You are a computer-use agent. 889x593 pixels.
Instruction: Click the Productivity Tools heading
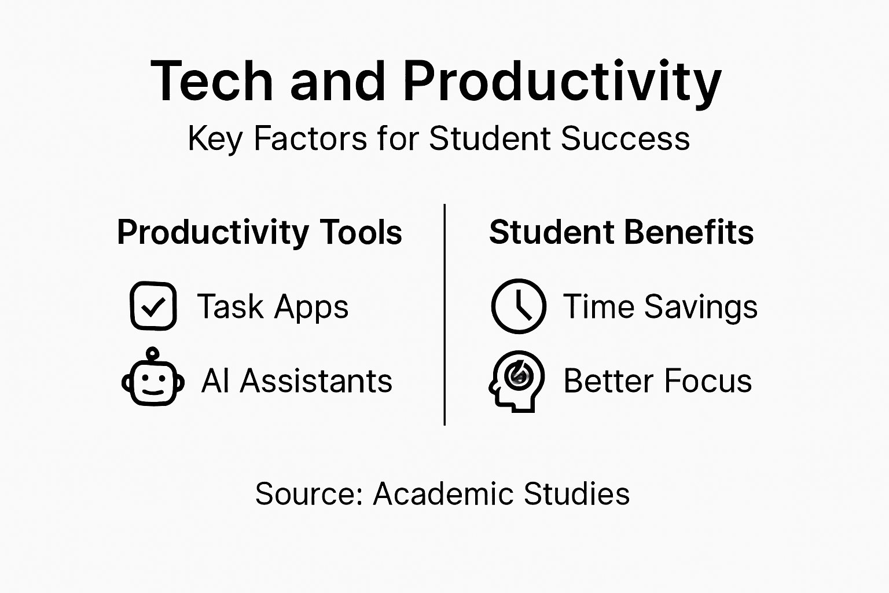(259, 233)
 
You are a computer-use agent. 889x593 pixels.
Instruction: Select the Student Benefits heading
(621, 233)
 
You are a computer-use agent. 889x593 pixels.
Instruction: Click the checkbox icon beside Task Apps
(153, 306)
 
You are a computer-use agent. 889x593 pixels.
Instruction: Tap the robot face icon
(153, 382)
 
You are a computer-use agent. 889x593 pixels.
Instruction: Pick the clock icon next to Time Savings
(519, 306)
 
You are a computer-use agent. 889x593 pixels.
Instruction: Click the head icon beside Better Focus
(517, 380)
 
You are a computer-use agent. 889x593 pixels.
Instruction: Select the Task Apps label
(273, 306)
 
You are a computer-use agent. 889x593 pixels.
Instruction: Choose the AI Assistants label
(297, 381)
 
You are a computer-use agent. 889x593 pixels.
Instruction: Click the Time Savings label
(660, 306)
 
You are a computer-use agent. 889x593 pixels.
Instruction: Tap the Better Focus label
(657, 381)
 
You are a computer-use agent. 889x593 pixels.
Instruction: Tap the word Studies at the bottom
(576, 494)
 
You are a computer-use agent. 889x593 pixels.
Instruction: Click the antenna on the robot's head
(153, 353)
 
